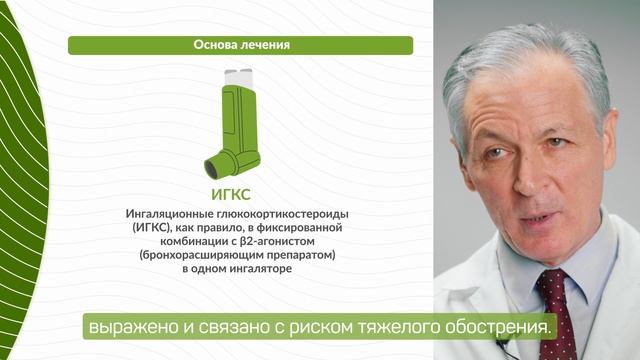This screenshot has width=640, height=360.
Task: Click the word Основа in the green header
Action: tap(216, 45)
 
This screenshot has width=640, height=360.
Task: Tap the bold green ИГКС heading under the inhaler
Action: tap(239, 193)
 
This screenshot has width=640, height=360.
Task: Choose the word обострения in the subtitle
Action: tap(500, 326)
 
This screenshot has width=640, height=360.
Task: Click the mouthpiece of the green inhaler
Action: tap(213, 163)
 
